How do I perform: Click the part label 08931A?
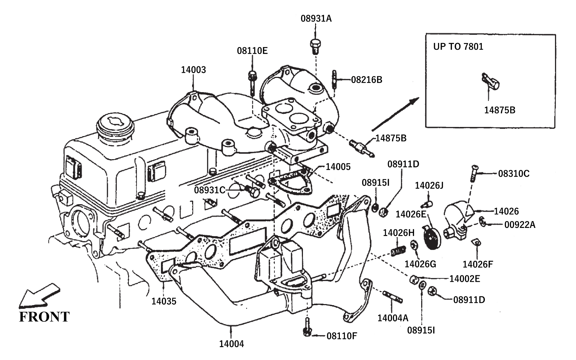click(316, 19)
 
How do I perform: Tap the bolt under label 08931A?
click(315, 46)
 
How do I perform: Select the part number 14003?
click(193, 70)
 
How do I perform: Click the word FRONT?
click(44, 317)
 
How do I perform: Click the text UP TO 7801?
click(458, 46)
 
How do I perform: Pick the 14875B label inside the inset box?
click(500, 110)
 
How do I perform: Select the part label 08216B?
click(367, 80)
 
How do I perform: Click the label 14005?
click(338, 167)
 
